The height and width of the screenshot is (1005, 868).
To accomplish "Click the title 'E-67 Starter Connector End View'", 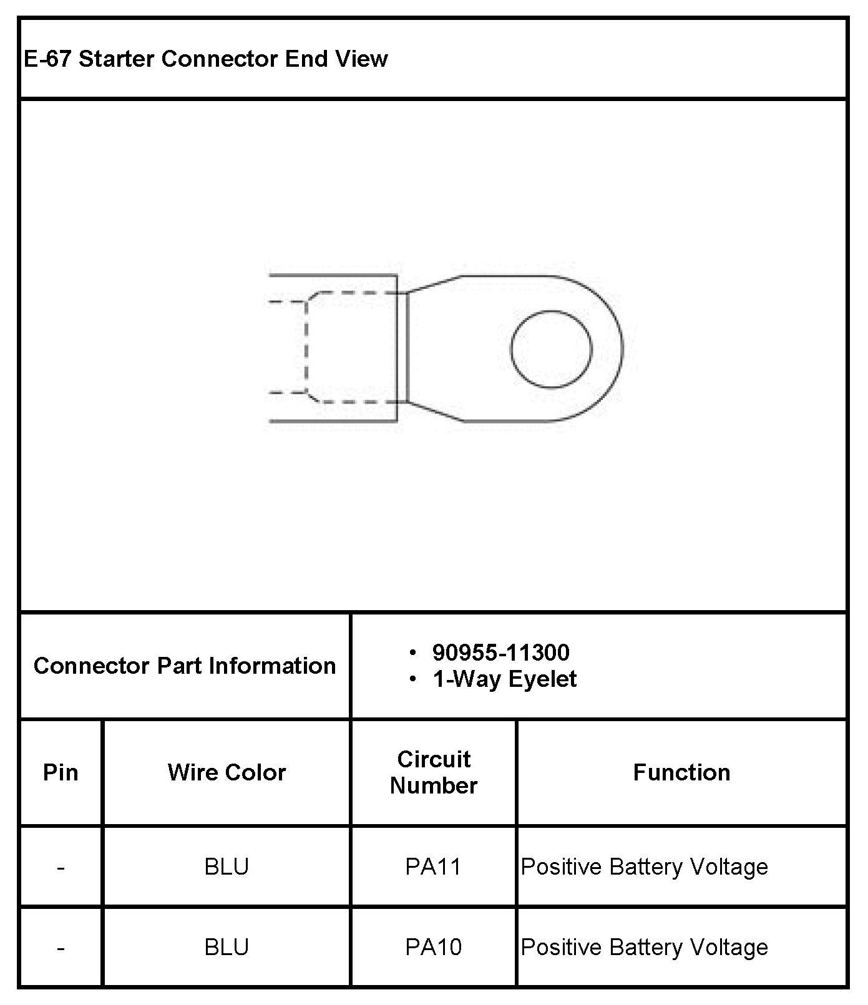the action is tap(206, 59).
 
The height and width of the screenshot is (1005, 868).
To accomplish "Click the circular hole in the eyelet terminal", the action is tap(551, 311).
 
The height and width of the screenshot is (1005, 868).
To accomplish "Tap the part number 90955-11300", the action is tap(501, 653).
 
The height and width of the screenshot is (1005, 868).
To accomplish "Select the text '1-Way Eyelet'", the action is tap(505, 679).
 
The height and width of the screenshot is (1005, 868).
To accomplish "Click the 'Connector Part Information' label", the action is tap(185, 666).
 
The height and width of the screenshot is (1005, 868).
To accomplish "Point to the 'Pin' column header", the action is tap(61, 772).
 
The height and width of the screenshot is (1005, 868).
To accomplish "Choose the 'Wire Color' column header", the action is tap(227, 772).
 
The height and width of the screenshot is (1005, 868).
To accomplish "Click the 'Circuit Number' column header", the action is tap(434, 772).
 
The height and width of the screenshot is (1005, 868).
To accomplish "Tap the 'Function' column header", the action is tap(681, 772).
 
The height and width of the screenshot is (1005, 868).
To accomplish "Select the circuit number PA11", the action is tap(433, 867).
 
